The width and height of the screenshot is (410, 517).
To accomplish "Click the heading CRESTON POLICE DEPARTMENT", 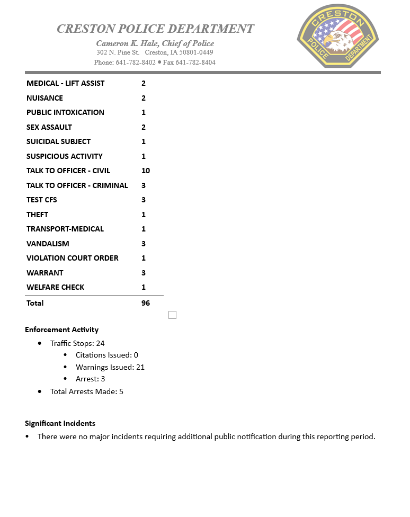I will pyautogui.click(x=155, y=29).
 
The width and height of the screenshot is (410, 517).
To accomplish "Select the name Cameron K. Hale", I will pyautogui.click(x=127, y=43).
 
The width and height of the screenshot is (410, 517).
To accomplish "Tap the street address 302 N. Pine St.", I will pyautogui.click(x=118, y=52).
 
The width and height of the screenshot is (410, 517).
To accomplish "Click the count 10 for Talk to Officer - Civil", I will pyautogui.click(x=146, y=171).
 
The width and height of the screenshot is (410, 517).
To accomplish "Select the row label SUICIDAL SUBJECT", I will pyautogui.click(x=58, y=141).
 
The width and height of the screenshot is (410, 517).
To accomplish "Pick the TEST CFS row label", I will pyautogui.click(x=42, y=200).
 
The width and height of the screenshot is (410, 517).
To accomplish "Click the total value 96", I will pyautogui.click(x=146, y=303).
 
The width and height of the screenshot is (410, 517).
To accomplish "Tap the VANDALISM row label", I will pyautogui.click(x=48, y=244).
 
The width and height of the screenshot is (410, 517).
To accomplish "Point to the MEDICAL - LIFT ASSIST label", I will pyautogui.click(x=66, y=83).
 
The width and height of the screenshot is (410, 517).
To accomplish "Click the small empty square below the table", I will pyautogui.click(x=172, y=315).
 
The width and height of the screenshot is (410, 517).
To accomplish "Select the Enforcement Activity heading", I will pyautogui.click(x=61, y=329).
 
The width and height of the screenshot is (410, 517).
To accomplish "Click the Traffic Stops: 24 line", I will pyautogui.click(x=77, y=343).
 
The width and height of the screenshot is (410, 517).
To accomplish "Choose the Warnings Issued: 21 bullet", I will pyautogui.click(x=110, y=367).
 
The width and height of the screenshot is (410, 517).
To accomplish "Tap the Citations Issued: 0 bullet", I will pyautogui.click(x=106, y=355).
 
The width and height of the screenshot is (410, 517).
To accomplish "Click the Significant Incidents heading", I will pyautogui.click(x=60, y=423).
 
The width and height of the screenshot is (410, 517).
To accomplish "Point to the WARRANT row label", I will pyautogui.click(x=45, y=273).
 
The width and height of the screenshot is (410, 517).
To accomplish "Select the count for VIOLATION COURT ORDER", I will pyautogui.click(x=144, y=258).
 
